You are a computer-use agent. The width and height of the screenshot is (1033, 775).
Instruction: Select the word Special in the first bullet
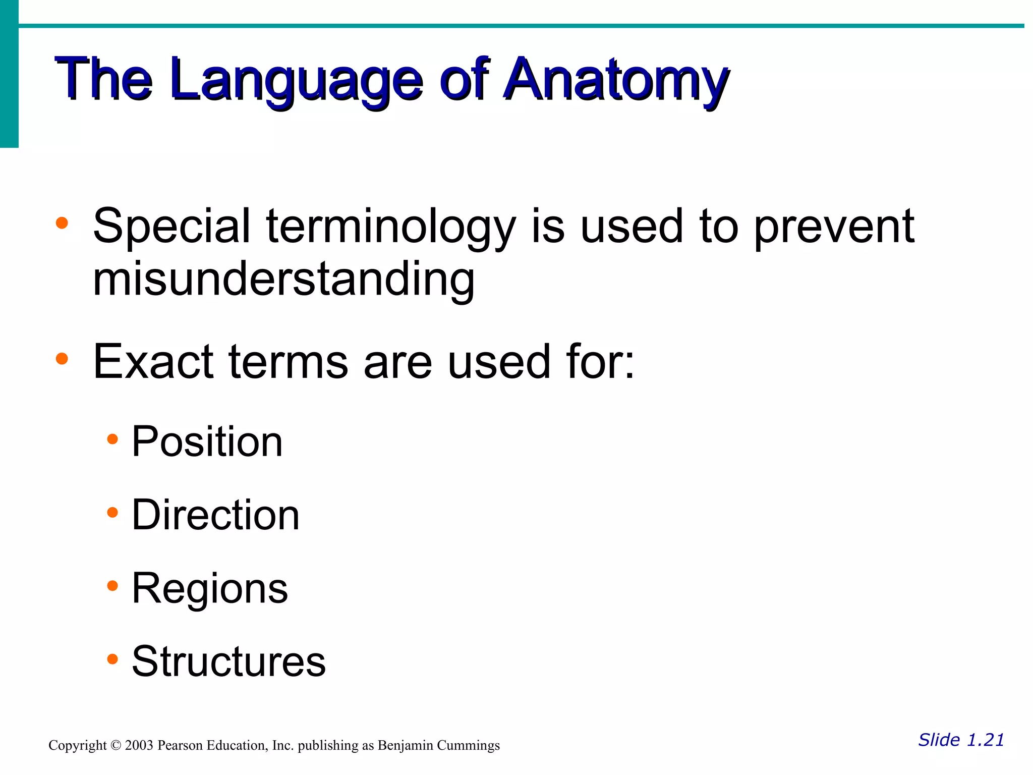tap(171, 227)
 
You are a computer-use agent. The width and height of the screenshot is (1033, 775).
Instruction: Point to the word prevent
tap(834, 227)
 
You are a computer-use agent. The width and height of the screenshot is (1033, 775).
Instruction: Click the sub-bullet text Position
tap(207, 442)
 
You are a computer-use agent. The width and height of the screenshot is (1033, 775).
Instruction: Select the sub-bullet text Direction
tap(215, 515)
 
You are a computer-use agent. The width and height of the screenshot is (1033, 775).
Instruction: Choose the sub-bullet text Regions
tap(209, 589)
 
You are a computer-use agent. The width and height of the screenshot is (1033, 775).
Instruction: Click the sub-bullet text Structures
tap(228, 661)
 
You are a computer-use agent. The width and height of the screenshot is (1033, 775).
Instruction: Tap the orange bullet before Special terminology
tap(62, 223)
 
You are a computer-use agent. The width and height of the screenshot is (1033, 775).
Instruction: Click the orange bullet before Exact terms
tap(62, 359)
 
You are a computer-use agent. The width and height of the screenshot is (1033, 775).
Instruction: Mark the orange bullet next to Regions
tap(112, 586)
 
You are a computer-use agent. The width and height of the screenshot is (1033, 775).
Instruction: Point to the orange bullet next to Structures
tap(112, 659)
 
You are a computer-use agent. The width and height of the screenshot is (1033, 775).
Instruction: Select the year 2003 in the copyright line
tap(139, 746)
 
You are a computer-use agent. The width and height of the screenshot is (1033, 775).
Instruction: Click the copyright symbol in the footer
tap(116, 746)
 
